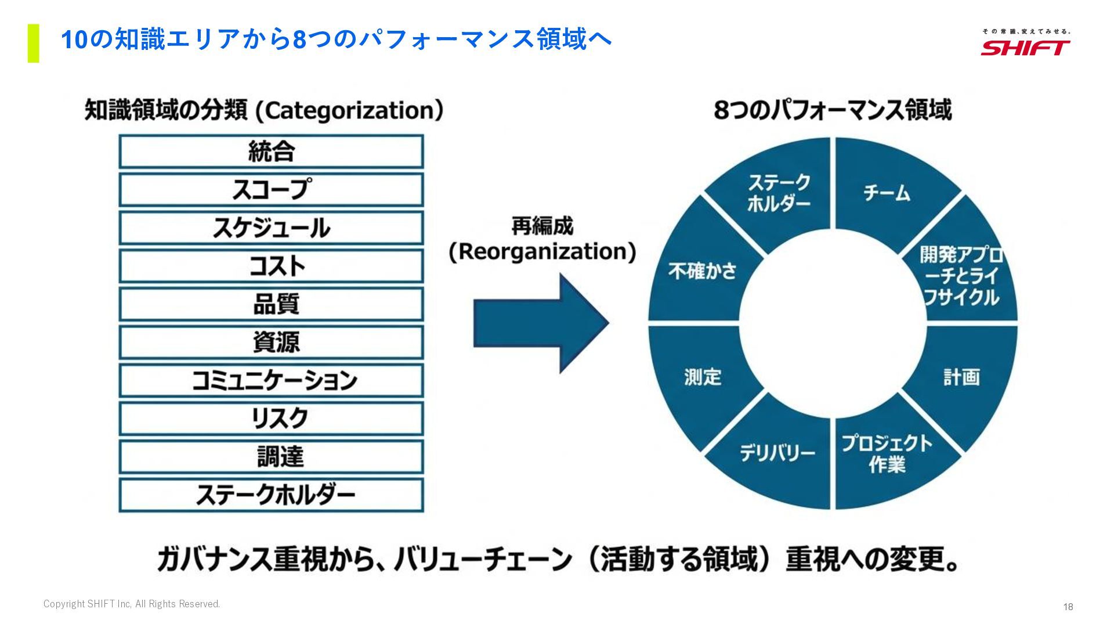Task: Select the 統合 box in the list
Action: pyautogui.click(x=271, y=152)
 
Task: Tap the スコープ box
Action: pyautogui.click(x=271, y=189)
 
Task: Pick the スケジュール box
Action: pyautogui.click(x=271, y=228)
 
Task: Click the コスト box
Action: pyautogui.click(x=271, y=266)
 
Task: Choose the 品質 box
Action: pyautogui.click(x=271, y=304)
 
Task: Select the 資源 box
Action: pyautogui.click(x=271, y=342)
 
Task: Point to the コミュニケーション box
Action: pyautogui.click(x=271, y=380)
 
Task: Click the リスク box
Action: pyautogui.click(x=271, y=419)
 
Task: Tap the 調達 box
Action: pyautogui.click(x=271, y=456)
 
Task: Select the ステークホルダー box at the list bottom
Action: pyautogui.click(x=271, y=495)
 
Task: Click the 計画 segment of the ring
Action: pyautogui.click(x=961, y=377)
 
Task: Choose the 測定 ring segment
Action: pyautogui.click(x=703, y=377)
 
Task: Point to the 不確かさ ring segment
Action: pyautogui.click(x=703, y=271)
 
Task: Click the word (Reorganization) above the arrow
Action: pyautogui.click(x=542, y=251)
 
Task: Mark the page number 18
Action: pyautogui.click(x=1068, y=607)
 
